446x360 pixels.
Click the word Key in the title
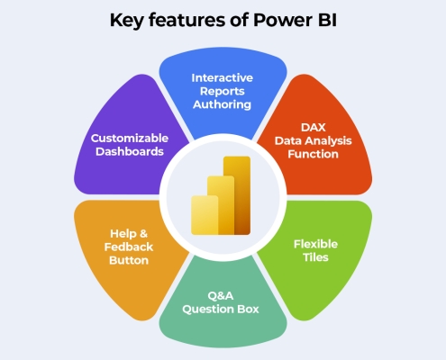coord(126,21)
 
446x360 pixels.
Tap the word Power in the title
coord(283,20)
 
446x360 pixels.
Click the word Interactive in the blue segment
coord(223,78)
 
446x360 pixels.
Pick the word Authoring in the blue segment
coord(222,104)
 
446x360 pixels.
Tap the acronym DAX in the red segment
coord(314,128)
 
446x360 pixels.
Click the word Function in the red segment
coord(313,154)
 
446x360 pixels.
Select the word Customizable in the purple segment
coord(130,139)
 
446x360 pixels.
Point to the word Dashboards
coord(130,151)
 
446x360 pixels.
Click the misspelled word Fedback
coord(129,247)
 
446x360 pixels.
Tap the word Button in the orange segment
coord(129,260)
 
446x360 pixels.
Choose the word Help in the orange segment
coord(121,234)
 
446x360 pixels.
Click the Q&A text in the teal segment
coord(221,296)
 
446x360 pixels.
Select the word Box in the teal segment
coord(248,310)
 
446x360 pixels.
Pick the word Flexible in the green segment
coord(315,244)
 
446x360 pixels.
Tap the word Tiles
coord(315,257)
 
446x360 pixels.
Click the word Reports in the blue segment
coord(223,92)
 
